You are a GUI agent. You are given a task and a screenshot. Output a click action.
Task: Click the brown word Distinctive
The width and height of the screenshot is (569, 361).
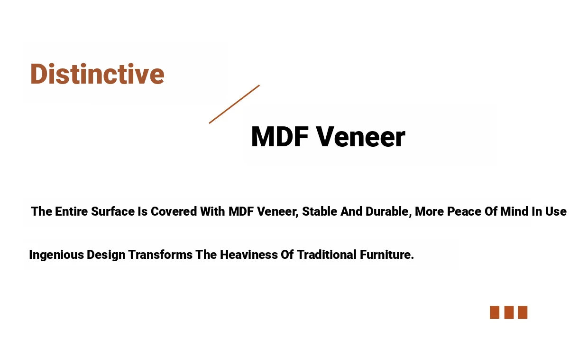pyautogui.click(x=97, y=74)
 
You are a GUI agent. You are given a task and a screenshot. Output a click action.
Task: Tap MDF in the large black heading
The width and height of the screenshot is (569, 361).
pyautogui.click(x=280, y=137)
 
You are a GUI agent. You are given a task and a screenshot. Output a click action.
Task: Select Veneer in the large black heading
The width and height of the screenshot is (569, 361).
pyautogui.click(x=361, y=137)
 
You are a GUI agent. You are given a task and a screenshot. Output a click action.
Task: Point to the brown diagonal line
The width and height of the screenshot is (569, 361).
pyautogui.click(x=234, y=104)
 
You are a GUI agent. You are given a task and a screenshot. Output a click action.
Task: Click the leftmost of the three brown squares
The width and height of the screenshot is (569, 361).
pyautogui.click(x=495, y=312)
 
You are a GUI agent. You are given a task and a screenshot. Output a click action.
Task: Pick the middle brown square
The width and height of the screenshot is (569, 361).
pyautogui.click(x=509, y=312)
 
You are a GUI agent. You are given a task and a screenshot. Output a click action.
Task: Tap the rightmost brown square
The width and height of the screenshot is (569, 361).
pyautogui.click(x=523, y=312)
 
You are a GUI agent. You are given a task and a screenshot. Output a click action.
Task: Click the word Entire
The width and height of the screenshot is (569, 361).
pyautogui.click(x=72, y=211)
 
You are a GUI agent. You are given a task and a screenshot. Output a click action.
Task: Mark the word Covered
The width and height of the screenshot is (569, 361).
pyautogui.click(x=174, y=211)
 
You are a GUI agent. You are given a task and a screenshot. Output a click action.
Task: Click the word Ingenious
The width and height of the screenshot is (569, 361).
pyautogui.click(x=56, y=255)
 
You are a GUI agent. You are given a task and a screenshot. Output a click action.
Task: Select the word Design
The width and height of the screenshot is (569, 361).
pyautogui.click(x=106, y=255)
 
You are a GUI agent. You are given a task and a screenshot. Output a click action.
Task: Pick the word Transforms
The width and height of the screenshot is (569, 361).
pyautogui.click(x=160, y=255)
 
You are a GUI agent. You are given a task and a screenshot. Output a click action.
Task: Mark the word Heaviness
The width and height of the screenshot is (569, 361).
pyautogui.click(x=249, y=255)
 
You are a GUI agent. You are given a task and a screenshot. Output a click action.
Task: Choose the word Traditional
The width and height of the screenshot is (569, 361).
pyautogui.click(x=327, y=255)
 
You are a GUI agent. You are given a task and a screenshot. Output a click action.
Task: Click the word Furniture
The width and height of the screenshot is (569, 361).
pyautogui.click(x=387, y=255)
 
